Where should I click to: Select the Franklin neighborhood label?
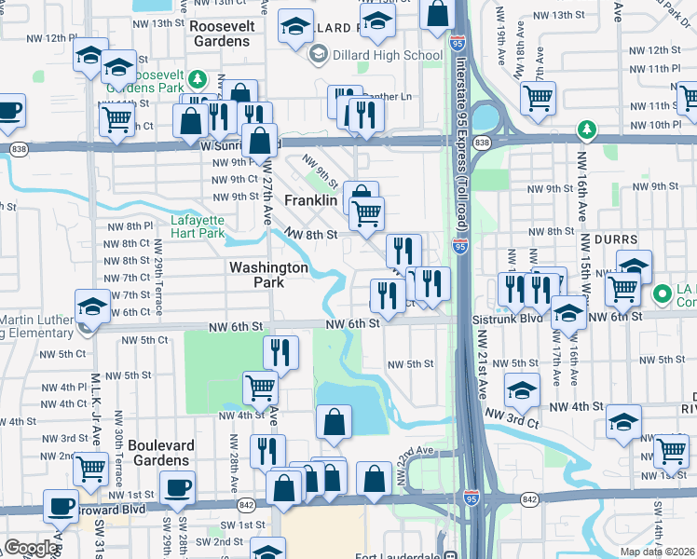309,200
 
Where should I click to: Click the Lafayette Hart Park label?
198,226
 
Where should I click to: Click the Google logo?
30,548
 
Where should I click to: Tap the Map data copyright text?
655,552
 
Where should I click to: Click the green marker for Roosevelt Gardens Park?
197,79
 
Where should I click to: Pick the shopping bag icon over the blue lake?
334,421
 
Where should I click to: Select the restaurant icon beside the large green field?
280,352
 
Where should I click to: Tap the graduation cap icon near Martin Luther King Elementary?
92,305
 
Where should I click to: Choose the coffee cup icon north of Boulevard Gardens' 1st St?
177,486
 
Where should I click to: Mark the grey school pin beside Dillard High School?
318,55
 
